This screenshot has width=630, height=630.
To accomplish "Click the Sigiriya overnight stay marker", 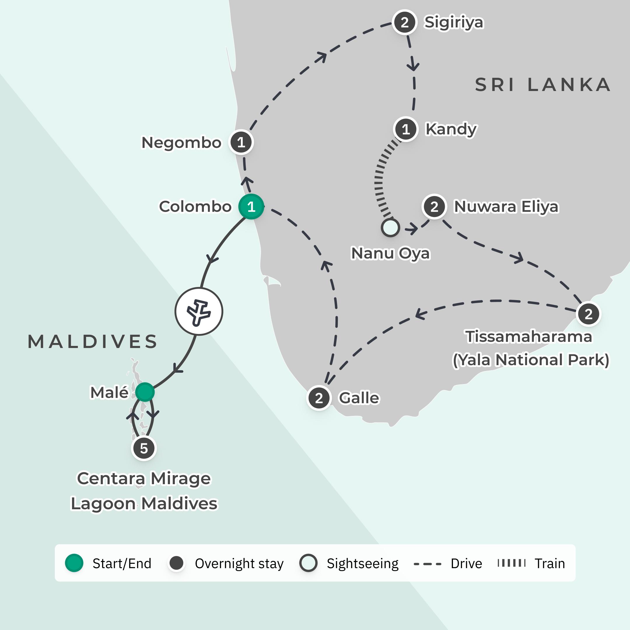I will point(404,22).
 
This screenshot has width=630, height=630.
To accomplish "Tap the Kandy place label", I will point(451,129).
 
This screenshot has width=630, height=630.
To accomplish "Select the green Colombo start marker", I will point(251,207).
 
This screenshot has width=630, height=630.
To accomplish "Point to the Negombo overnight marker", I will point(241,143).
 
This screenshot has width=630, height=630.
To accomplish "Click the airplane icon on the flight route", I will point(199,311).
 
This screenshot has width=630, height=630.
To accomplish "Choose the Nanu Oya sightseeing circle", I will point(390,228).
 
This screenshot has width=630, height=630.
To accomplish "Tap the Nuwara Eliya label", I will point(506,207).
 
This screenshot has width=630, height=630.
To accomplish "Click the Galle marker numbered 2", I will point(319,398).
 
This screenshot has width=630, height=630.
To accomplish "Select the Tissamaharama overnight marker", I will point(589,314).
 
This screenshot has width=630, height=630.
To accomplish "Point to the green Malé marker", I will point(145,392).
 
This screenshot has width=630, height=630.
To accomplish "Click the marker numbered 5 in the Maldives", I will point(144,448).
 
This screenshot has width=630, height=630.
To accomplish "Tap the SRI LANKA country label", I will point(542,85).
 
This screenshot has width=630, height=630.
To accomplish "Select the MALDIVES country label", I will point(93,342).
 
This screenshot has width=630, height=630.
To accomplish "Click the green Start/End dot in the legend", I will point(74,563).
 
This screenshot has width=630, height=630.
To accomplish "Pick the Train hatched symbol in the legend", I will point(511,563).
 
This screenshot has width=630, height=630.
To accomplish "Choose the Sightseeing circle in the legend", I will point(308,563).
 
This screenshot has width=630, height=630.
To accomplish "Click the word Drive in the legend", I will point(466,563).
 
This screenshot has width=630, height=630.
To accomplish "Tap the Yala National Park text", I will point(531,360).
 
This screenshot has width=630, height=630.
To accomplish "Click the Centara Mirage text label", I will point(144,478).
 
